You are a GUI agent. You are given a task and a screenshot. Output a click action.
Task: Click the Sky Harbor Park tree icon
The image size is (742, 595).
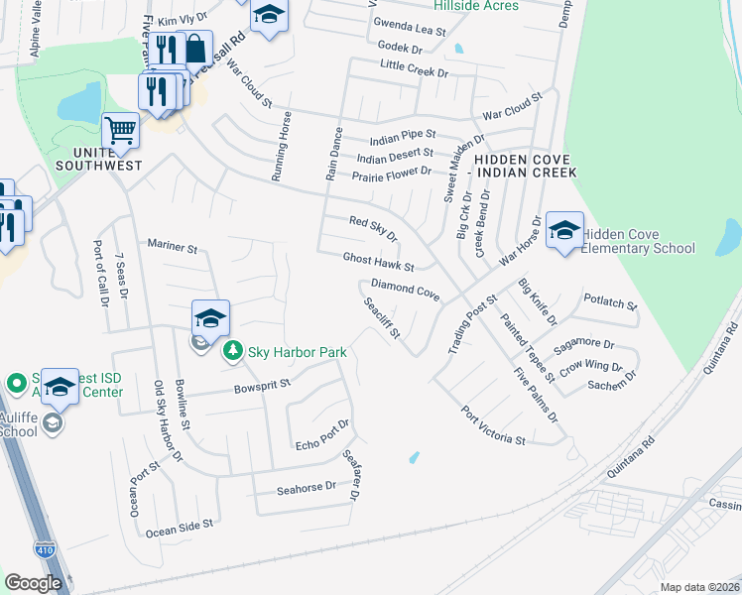coord(233,350)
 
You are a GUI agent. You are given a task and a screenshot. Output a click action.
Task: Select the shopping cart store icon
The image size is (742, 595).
coord(120,129)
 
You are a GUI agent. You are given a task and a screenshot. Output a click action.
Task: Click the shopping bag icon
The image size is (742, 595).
coord(196,48)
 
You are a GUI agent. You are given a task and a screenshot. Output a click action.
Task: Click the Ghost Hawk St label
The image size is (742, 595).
coord(378,262)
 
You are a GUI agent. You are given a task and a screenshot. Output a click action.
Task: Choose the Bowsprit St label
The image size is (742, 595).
coord(261,384)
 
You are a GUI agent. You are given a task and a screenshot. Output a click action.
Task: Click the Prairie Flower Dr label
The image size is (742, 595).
coord(392,175)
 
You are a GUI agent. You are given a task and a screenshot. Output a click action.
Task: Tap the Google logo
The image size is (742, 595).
coord(33,584)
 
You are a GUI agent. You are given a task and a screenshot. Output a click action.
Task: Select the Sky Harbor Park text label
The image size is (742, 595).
coord(298,351)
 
